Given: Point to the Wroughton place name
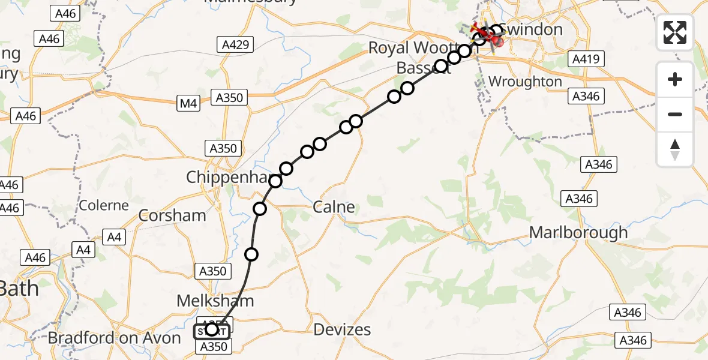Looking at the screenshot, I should (x=525, y=82).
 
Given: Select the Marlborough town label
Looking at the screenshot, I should (x=578, y=232).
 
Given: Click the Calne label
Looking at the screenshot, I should (x=334, y=208).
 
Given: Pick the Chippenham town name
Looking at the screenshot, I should (x=225, y=177).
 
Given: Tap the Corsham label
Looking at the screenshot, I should (x=172, y=215).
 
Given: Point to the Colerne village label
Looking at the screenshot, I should (x=104, y=205).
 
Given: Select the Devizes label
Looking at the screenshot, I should (x=343, y=329).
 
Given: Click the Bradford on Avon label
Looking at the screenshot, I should (x=114, y=338).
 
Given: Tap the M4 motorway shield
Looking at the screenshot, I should (x=188, y=104).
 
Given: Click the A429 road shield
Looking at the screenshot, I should (x=235, y=44).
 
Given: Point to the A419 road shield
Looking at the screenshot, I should (x=586, y=59).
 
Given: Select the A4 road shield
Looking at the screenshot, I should (x=115, y=238).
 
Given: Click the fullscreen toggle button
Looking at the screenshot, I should (x=675, y=32).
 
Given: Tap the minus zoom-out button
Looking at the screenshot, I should (x=675, y=114).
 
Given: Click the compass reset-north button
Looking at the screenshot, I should (x=675, y=149).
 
